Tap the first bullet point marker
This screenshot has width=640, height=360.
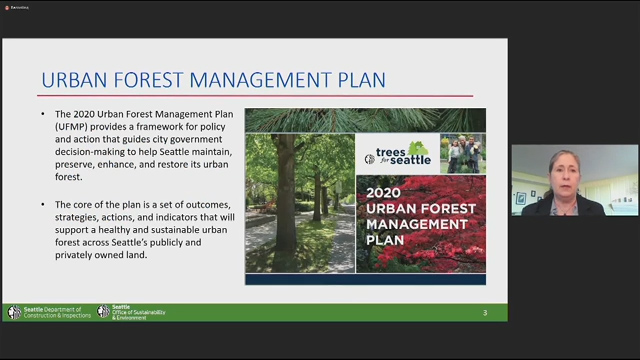pos(43,114)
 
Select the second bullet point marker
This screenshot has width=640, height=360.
pos(43,204)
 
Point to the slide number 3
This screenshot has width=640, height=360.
pos(485,313)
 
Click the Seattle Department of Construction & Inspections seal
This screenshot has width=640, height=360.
pos(14,312)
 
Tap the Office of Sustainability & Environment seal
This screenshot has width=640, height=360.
pos(104,312)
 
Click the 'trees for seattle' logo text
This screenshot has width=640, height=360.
pos(403,154)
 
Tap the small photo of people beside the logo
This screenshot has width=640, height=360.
pos(462,154)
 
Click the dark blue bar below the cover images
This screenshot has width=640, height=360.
pos(365,279)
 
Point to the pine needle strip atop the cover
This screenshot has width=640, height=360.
pos(365,120)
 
